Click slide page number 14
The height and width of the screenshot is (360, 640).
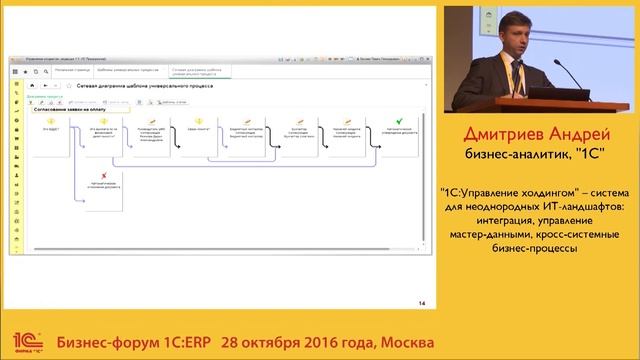pos(422,303)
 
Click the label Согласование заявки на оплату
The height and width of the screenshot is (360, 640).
pos(74,109)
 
